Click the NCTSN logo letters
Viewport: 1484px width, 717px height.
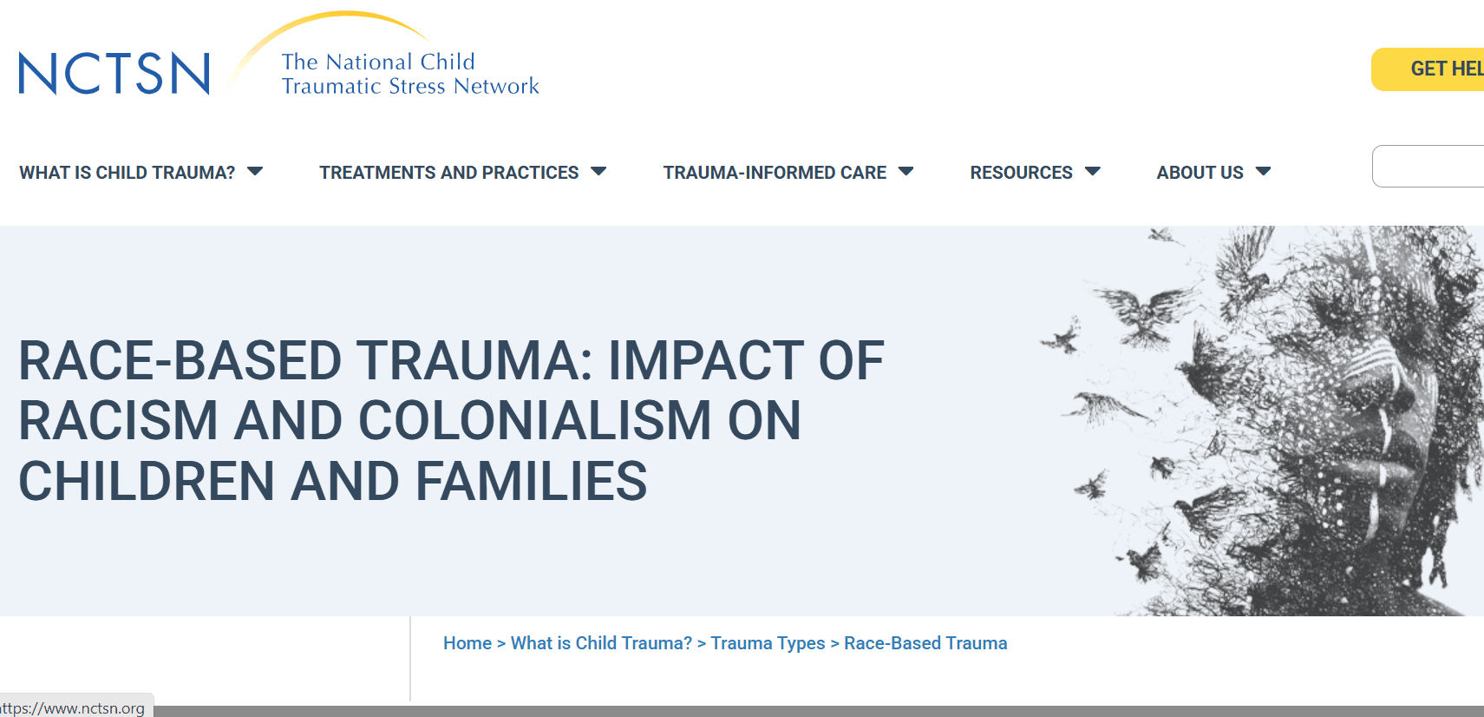pyautogui.click(x=114, y=73)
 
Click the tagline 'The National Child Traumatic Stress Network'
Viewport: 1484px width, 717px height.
pyautogui.click(x=409, y=74)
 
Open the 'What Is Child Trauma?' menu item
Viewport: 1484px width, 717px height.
pyautogui.click(x=127, y=173)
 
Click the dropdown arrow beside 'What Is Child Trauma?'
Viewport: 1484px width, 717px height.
pyautogui.click(x=255, y=172)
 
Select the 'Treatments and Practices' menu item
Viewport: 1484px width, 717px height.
pyautogui.click(x=448, y=173)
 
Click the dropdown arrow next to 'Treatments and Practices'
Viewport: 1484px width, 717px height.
pyautogui.click(x=598, y=172)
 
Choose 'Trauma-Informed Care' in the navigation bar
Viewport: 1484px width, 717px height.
pyautogui.click(x=775, y=173)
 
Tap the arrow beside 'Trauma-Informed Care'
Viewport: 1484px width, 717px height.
pyautogui.click(x=906, y=172)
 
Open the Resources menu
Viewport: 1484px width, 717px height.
pyautogui.click(x=1021, y=173)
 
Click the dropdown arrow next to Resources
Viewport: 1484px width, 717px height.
pyautogui.click(x=1093, y=172)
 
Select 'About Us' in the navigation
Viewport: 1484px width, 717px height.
pyautogui.click(x=1200, y=173)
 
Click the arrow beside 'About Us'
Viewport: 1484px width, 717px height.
pyautogui.click(x=1264, y=172)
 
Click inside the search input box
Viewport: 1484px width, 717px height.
pyautogui.click(x=1431, y=166)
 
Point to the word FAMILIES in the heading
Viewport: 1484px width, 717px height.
pyautogui.click(x=531, y=482)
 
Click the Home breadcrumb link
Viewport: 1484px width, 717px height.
pyautogui.click(x=467, y=643)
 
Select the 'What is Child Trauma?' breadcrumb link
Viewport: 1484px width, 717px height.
pyautogui.click(x=601, y=643)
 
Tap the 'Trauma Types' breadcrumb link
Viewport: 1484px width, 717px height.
pyautogui.click(x=768, y=643)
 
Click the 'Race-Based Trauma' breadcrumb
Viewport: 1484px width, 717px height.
pyautogui.click(x=925, y=643)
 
